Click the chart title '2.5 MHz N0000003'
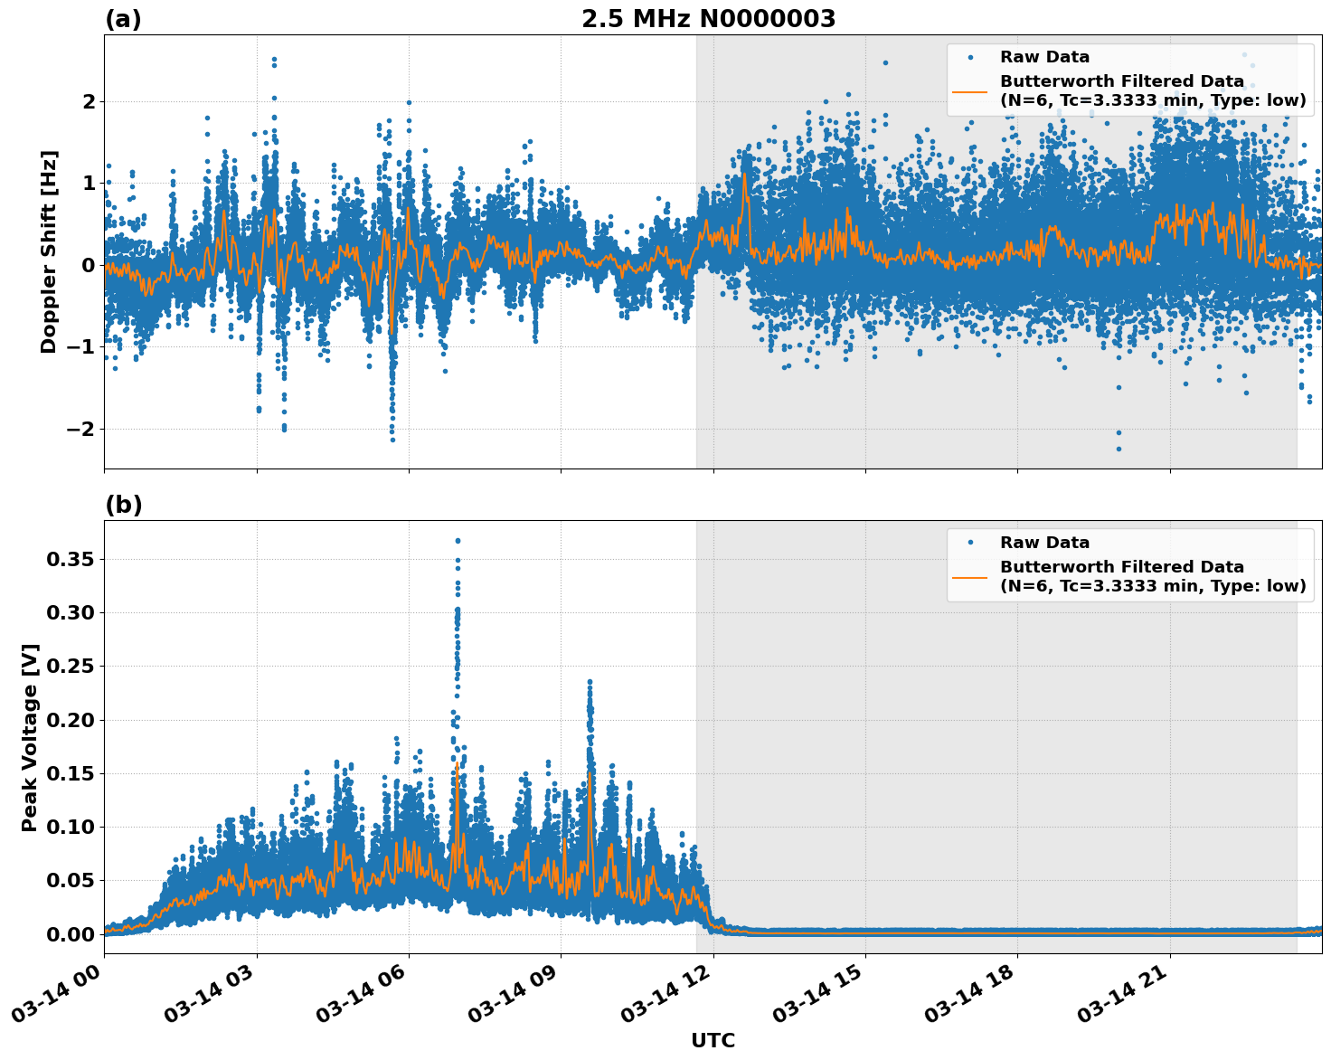[x=708, y=19]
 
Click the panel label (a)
[x=123, y=19]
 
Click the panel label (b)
[x=123, y=505]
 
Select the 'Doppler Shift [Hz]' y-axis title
[x=49, y=251]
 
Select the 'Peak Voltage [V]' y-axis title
[x=30, y=737]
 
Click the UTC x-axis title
[x=713, y=1040]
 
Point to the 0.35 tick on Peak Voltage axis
[x=70, y=560]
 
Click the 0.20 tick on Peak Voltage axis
[x=70, y=720]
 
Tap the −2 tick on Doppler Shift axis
[x=80, y=429]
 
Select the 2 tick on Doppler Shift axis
[x=89, y=101]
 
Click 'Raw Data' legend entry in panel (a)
[x=1044, y=57]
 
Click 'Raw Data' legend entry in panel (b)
[x=1044, y=543]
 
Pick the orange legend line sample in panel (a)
[x=969, y=91]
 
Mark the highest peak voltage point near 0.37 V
[x=458, y=541]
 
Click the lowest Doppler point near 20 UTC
[x=1119, y=449]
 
